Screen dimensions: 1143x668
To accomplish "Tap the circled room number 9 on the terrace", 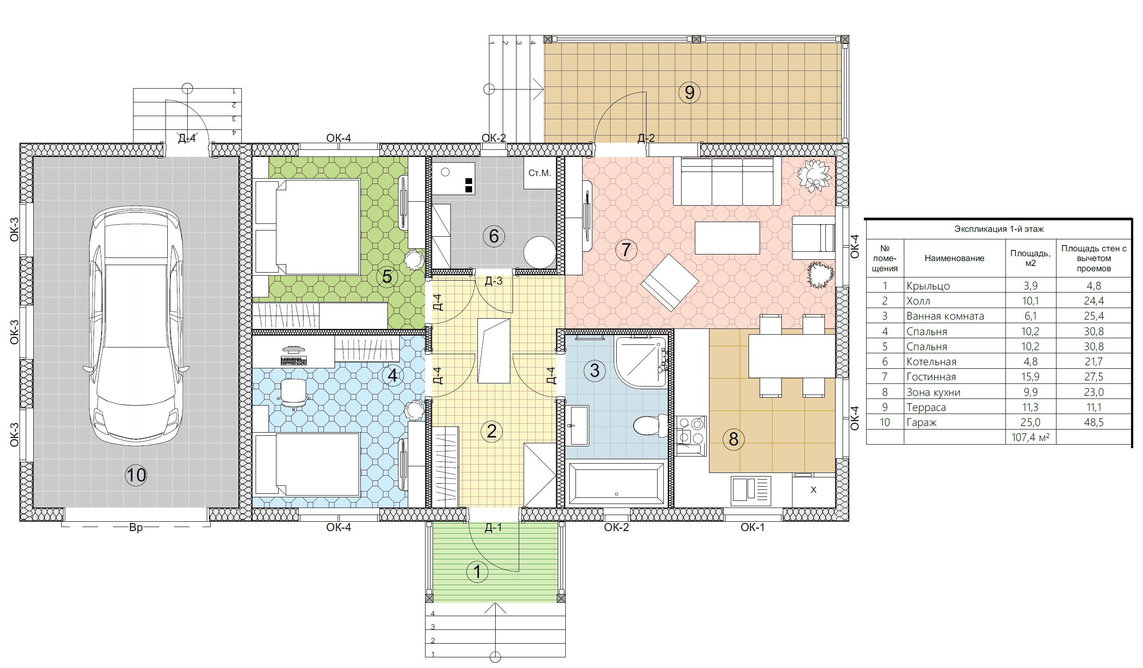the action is [690, 93].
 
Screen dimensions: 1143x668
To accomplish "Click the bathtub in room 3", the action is [616, 483].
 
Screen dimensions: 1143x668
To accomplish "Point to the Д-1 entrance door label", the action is [493, 527].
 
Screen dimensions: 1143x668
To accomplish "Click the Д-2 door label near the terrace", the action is [646, 138].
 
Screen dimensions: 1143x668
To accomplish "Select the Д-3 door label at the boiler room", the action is [493, 281].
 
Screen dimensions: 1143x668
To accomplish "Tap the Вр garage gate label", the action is [136, 527].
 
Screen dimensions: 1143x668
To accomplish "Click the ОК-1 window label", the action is [753, 527].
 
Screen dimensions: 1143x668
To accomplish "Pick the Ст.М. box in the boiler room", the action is [540, 173].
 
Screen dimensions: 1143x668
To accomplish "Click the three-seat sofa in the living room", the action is [727, 181].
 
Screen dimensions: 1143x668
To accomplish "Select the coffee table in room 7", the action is [728, 238].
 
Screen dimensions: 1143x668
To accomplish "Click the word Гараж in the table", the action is [921, 423].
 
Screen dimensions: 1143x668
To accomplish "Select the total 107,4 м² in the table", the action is [1030, 438].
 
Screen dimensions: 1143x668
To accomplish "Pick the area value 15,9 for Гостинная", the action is [1030, 377].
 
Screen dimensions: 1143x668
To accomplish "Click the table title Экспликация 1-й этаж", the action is [999, 229].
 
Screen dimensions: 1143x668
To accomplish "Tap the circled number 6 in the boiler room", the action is [493, 236].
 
